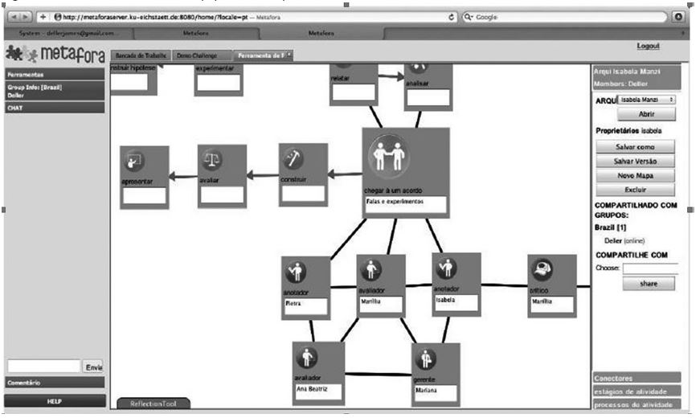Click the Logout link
tap(647, 47)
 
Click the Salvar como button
tap(635, 147)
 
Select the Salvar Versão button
tap(635, 162)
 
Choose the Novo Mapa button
tap(635, 175)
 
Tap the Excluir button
tap(635, 190)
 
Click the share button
tap(648, 284)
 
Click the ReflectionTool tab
tap(154, 404)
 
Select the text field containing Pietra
tap(306, 306)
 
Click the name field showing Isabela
tap(456, 302)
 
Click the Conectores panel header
tap(637, 378)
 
